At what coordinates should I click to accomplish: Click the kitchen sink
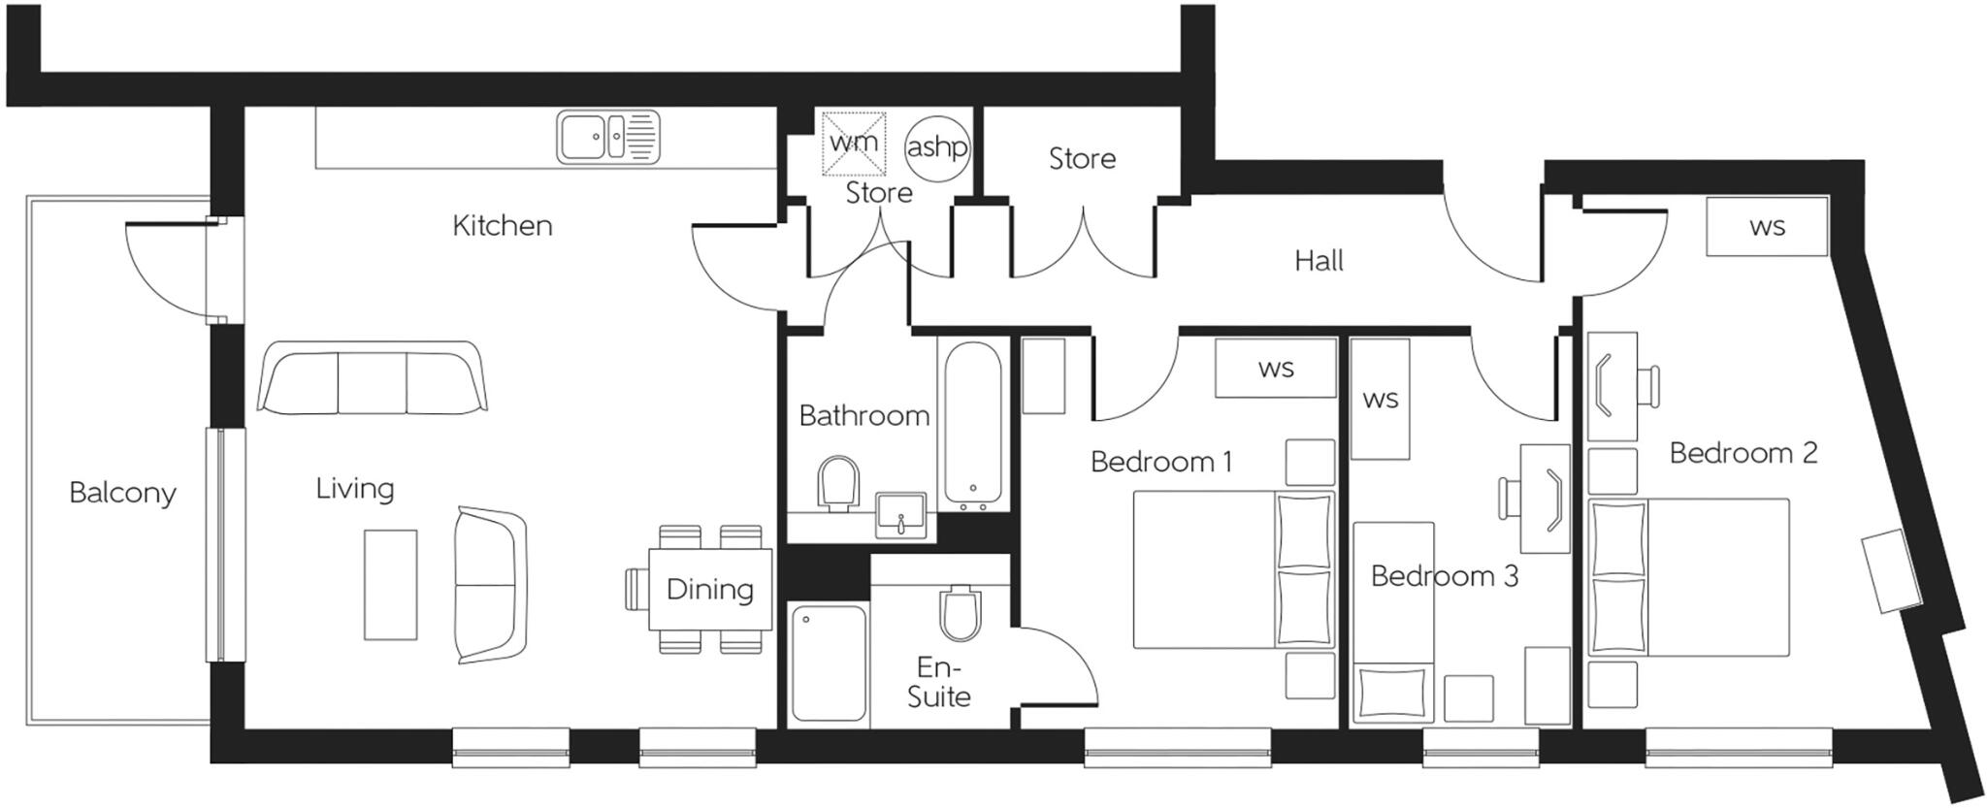608,137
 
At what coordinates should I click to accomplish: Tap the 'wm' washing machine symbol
854,144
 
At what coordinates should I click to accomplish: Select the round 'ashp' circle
937,147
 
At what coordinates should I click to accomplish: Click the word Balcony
122,493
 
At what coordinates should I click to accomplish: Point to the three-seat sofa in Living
372,378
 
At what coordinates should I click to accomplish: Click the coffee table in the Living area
390,584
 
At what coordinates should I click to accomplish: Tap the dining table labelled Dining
709,590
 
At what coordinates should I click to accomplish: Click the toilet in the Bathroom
839,483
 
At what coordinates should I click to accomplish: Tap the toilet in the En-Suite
961,613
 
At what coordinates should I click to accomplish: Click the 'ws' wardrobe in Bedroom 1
1275,369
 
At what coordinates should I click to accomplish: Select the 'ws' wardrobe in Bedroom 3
1380,399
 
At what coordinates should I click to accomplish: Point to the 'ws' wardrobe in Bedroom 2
1767,227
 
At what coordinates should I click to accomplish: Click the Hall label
1319,261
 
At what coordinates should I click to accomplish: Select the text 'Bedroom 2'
1743,453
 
